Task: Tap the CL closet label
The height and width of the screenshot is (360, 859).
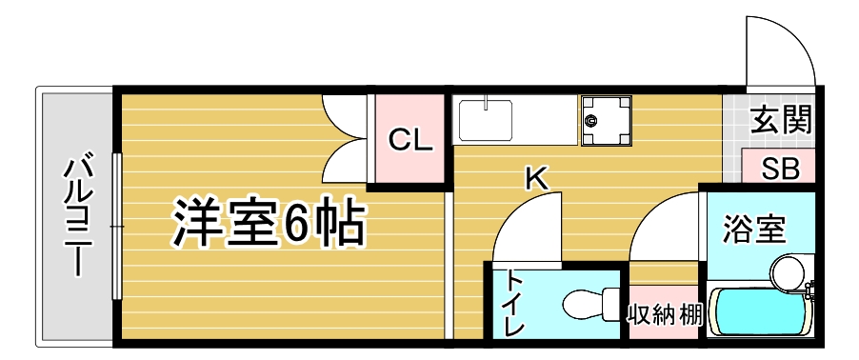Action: tap(410, 141)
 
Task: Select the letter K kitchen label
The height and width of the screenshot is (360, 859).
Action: tap(536, 177)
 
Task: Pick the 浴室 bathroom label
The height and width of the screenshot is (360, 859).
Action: tap(753, 229)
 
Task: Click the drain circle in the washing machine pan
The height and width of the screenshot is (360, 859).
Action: tap(591, 121)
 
